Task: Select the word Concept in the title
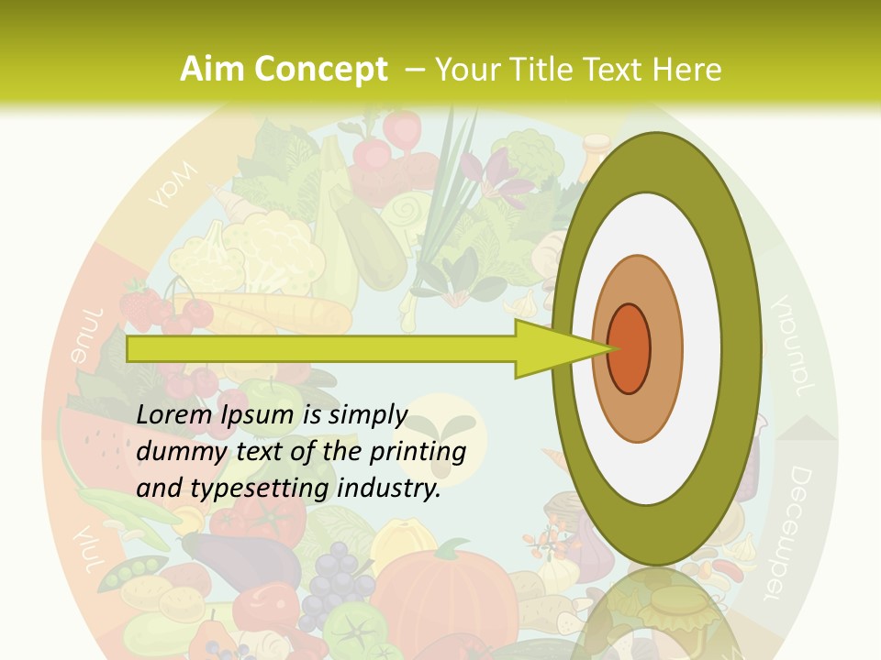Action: (x=321, y=70)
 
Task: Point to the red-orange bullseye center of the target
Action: (x=630, y=348)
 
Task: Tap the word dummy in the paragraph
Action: (x=175, y=452)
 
